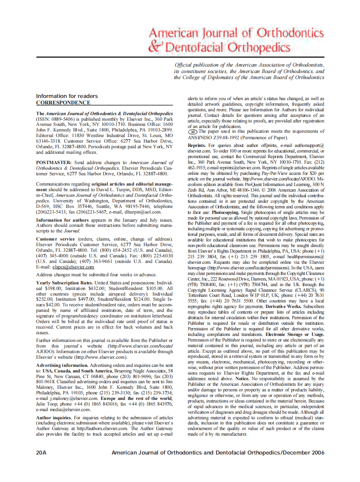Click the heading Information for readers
coord(67,96)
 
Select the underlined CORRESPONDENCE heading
coord(63,103)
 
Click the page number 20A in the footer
coord(41,453)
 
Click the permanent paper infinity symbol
coord(193,132)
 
